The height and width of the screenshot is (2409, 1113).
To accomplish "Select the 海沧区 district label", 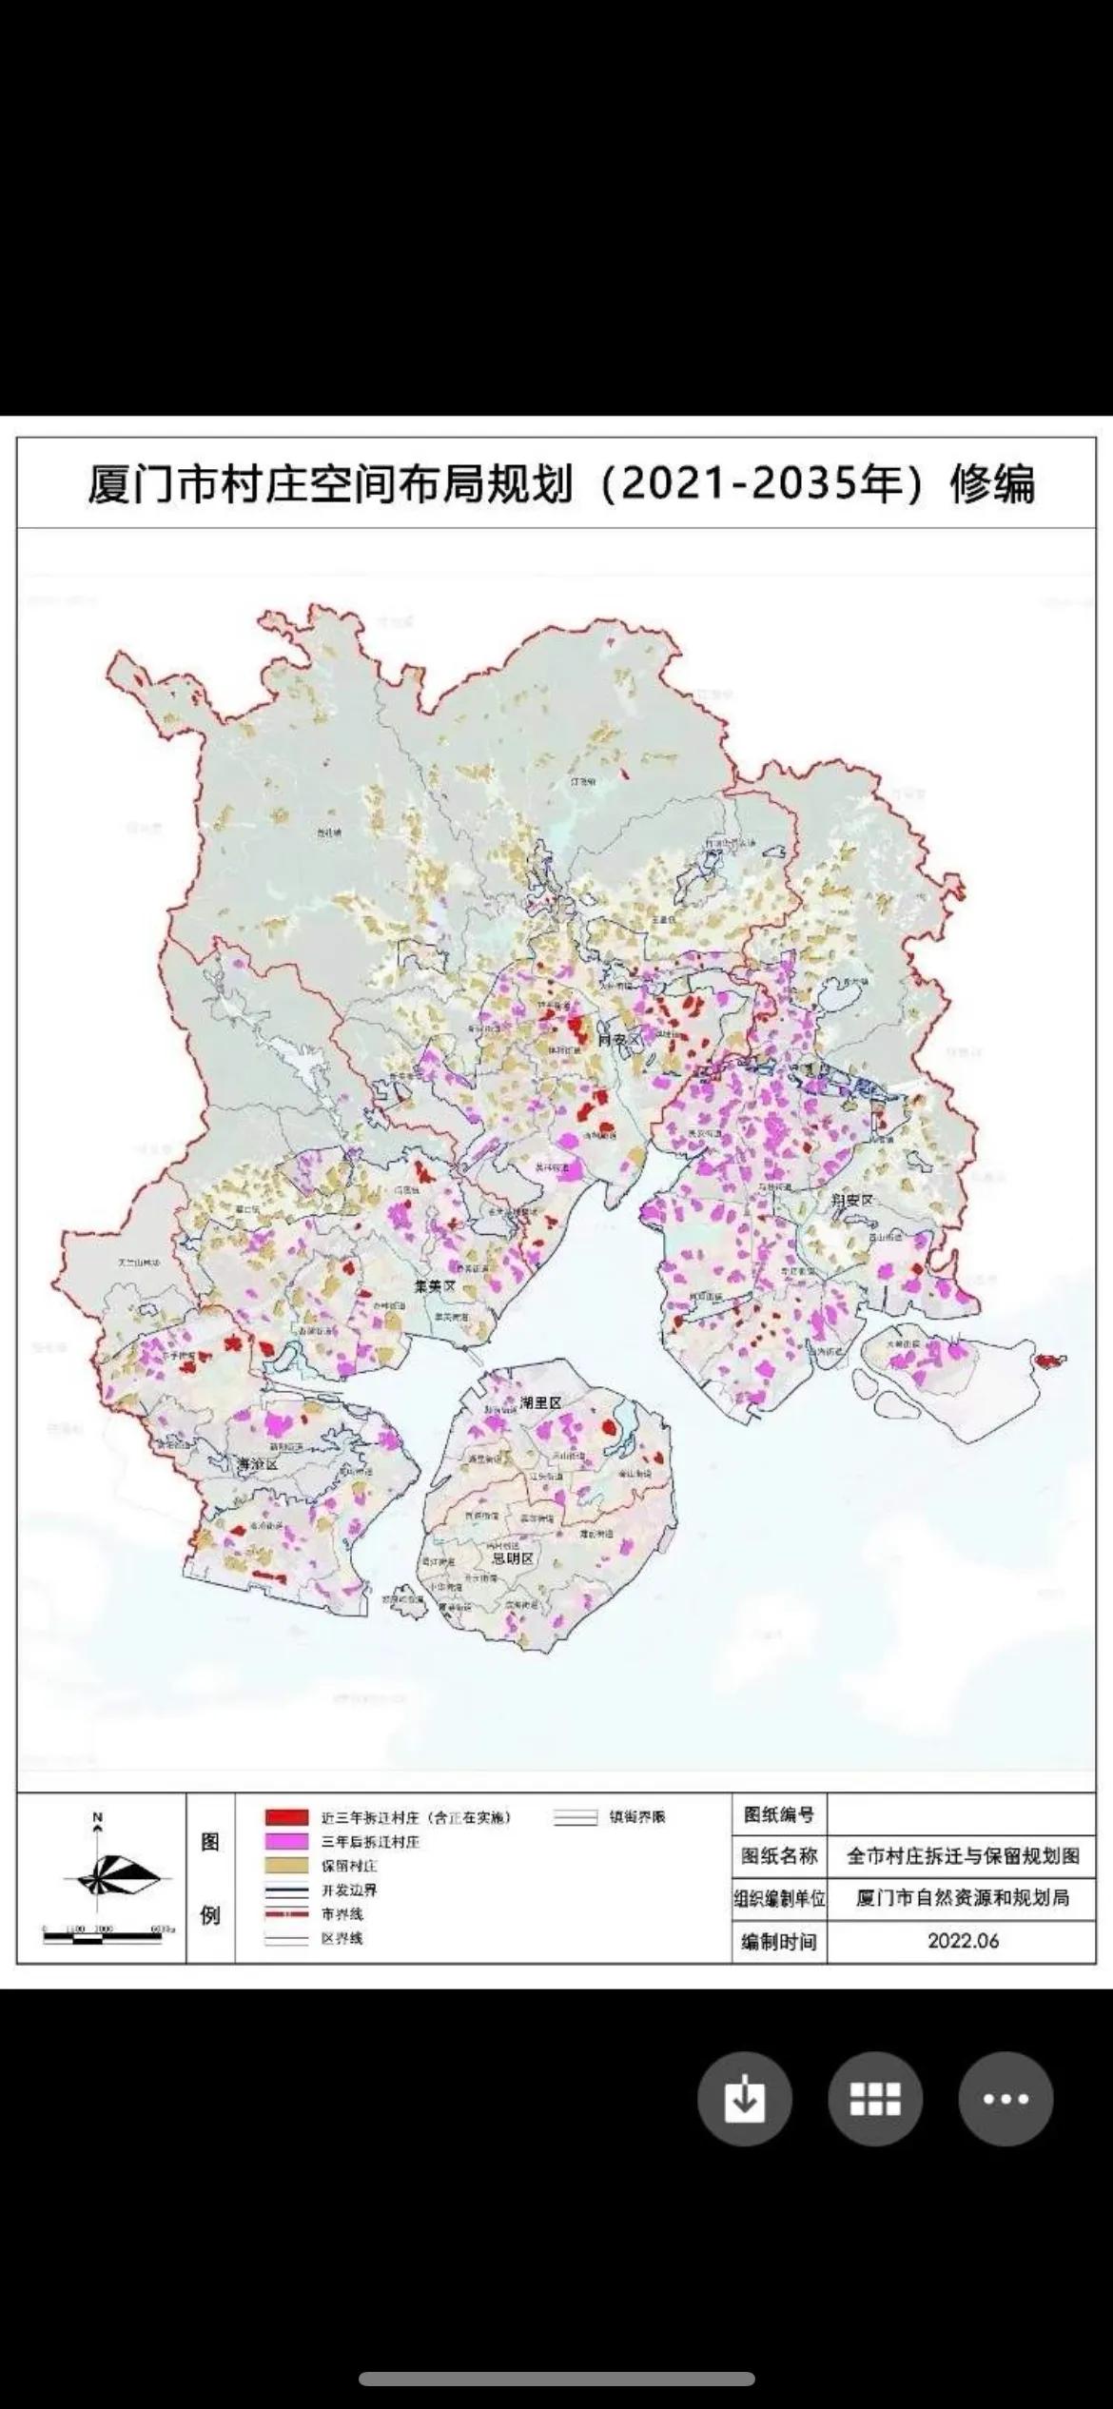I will tap(257, 1465).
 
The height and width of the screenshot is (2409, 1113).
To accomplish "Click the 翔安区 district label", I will tap(850, 1200).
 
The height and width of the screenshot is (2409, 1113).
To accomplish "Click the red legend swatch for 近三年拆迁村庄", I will tap(286, 1817).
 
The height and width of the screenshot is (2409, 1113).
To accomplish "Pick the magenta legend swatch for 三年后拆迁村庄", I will tap(286, 1842).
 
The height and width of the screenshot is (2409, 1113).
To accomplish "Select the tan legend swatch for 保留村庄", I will tap(286, 1866).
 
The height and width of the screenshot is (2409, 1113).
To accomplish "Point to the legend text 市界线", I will tap(342, 1914).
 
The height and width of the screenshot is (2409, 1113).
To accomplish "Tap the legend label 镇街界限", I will tap(637, 1817).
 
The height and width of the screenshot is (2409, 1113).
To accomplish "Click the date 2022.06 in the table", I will tap(963, 1942).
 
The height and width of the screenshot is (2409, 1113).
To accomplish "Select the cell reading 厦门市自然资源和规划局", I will tap(963, 1898).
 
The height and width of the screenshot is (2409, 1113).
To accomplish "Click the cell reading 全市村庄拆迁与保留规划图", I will tap(963, 1856).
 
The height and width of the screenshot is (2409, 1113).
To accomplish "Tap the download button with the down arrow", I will tap(744, 2099).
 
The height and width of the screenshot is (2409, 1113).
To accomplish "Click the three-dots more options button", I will tap(1006, 2099).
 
